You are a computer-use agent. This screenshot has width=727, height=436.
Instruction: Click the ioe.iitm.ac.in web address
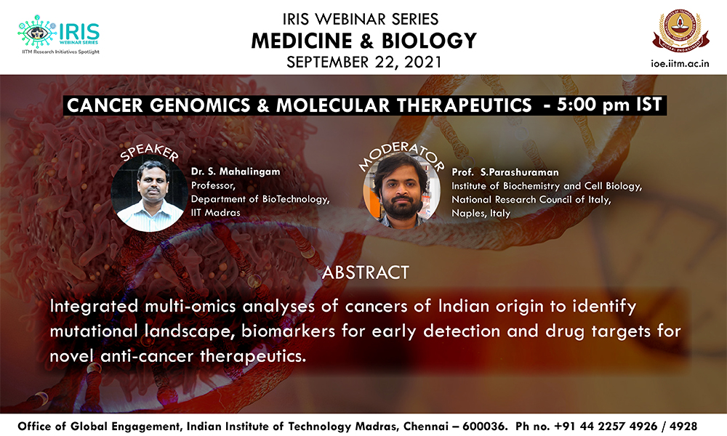point(680,63)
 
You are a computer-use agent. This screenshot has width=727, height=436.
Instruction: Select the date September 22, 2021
point(364,62)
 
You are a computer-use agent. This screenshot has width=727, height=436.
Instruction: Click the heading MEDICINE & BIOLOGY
point(364,41)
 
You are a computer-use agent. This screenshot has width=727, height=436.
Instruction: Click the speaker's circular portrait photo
point(149,194)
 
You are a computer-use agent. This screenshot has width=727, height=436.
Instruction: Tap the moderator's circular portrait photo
point(401,190)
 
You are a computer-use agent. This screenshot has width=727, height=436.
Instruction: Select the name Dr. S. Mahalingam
point(236,171)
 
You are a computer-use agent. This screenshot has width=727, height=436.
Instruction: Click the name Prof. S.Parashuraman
point(505,172)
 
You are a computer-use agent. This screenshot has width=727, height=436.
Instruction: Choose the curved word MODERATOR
point(401,155)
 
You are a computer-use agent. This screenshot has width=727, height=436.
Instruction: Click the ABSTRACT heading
point(366,272)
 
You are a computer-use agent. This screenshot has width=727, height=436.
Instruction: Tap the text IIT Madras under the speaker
point(216,213)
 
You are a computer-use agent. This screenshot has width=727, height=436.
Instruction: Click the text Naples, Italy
point(481,214)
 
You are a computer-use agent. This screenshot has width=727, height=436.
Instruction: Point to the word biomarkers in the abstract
point(288,331)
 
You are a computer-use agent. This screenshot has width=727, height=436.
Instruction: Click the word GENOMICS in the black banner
point(200,105)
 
